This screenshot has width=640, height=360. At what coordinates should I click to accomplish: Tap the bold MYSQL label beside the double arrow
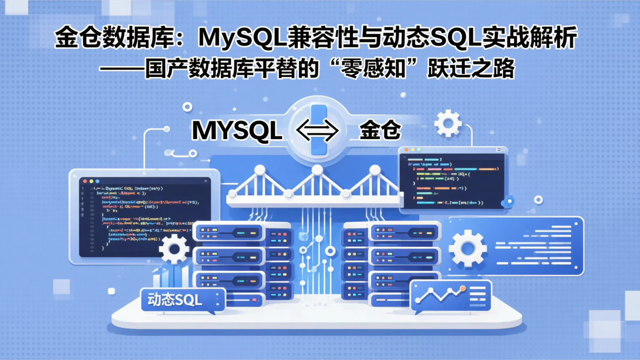(237, 131)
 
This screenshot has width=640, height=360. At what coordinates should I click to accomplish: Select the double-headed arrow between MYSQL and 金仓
(317, 131)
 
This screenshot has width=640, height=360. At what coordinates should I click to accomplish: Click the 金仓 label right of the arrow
(380, 131)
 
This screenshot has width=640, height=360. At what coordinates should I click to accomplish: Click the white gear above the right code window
(448, 123)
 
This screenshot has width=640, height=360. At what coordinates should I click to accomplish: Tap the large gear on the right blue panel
(468, 248)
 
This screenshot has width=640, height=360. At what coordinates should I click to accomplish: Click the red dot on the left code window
(85, 181)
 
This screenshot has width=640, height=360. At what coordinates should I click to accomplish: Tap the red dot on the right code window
(406, 150)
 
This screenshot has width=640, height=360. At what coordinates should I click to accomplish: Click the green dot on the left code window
(97, 181)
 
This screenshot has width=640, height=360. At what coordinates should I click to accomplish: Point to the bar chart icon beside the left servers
(168, 276)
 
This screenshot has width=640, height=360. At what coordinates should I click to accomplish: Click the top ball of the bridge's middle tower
(317, 170)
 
